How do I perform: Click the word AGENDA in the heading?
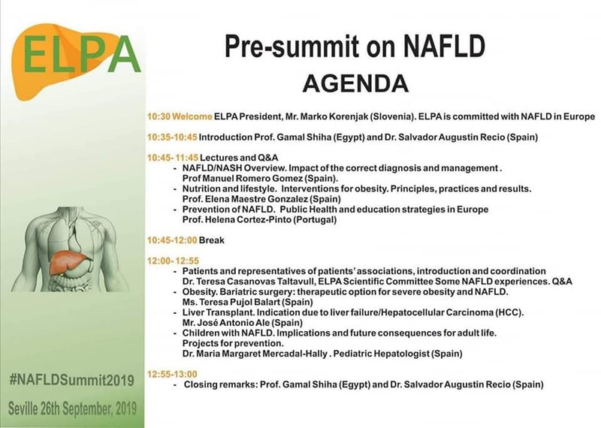click(x=355, y=83)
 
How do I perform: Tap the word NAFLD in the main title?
click(x=444, y=46)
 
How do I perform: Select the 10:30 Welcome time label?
click(x=180, y=116)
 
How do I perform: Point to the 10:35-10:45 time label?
click(x=172, y=137)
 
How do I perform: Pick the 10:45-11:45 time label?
click(x=173, y=158)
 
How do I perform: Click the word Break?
click(x=212, y=240)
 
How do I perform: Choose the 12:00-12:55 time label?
click(x=173, y=261)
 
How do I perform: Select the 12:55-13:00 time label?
click(x=172, y=374)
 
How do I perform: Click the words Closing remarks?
click(x=220, y=384)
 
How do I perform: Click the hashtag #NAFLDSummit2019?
click(x=71, y=380)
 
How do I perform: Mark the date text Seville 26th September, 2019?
click(x=72, y=408)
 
